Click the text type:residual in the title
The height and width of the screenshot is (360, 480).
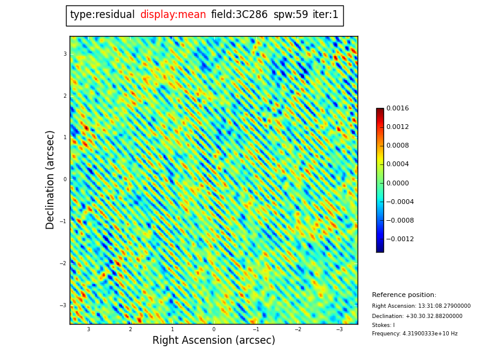tap(102, 15)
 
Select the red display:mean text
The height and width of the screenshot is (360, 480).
tap(173, 15)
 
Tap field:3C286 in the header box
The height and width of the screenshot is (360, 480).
tap(239, 15)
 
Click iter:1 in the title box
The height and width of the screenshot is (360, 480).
tap(325, 15)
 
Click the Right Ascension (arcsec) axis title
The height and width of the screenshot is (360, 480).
tap(214, 341)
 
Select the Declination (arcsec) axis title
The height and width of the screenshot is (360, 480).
tap(51, 179)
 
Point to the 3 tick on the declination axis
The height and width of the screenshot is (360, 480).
tap(65, 54)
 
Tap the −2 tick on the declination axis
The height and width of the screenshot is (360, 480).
tap(63, 263)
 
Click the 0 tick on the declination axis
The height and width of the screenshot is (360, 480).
tap(65, 179)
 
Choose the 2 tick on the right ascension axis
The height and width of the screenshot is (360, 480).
tap(130, 329)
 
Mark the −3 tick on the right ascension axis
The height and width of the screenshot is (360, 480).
tap(339, 329)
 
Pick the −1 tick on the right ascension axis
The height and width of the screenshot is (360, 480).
tap(256, 329)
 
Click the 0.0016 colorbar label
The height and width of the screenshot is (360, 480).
tap(397, 109)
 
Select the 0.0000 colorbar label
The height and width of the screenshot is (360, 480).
tap(397, 183)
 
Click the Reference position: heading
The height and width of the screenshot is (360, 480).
tap(404, 295)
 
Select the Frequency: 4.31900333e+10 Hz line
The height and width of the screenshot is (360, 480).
tap(415, 334)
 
